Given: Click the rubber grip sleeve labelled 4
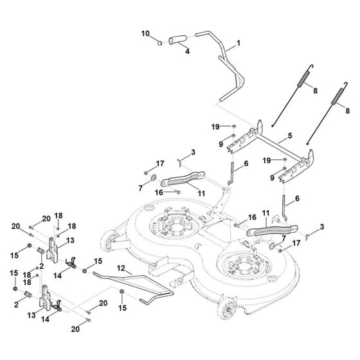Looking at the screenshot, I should [x=175, y=40].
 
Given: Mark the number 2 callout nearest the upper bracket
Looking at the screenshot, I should [x=42, y=267].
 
